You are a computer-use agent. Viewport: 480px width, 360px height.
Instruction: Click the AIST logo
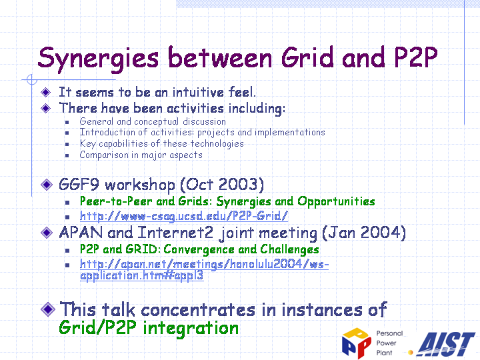[446, 344]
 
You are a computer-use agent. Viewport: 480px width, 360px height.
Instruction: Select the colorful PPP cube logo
[356, 343]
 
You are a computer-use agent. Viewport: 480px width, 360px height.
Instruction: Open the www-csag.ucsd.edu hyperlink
[184, 216]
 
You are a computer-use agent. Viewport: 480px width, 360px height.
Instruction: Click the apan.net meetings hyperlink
[204, 270]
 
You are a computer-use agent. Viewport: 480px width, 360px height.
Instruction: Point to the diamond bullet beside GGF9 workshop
[47, 184]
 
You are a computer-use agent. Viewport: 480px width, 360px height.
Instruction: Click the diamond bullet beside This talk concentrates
[48, 309]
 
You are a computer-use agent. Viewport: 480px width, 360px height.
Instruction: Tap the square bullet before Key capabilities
[67, 144]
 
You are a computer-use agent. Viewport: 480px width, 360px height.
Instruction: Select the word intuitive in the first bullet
[198, 92]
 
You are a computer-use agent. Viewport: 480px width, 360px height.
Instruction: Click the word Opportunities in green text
[336, 202]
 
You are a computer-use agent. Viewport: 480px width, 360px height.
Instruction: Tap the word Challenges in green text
[289, 249]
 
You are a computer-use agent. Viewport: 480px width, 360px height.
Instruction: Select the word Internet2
[175, 233]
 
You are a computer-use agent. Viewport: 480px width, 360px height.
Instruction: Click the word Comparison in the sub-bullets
[104, 155]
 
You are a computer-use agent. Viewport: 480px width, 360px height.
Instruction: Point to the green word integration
[191, 328]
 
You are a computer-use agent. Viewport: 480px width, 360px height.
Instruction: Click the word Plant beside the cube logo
[384, 353]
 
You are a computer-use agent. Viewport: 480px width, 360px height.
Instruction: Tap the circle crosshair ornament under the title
[32, 79]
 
